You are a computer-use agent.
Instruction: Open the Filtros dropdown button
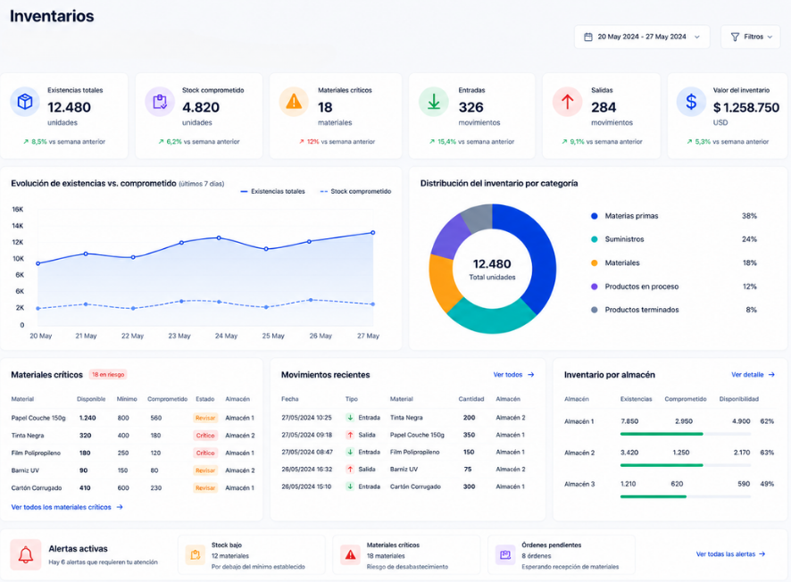pyautogui.click(x=751, y=37)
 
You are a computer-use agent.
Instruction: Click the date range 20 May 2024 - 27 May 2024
pyautogui.click(x=642, y=37)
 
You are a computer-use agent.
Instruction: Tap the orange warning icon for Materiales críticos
pyautogui.click(x=294, y=102)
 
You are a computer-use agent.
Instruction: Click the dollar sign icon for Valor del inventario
pyautogui.click(x=691, y=102)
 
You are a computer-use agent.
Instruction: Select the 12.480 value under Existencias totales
pyautogui.click(x=69, y=107)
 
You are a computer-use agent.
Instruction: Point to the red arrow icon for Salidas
pyautogui.click(x=568, y=102)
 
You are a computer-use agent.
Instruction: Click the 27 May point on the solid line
pyautogui.click(x=373, y=232)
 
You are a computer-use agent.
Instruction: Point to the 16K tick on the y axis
pyautogui.click(x=18, y=209)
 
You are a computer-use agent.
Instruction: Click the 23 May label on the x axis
pyautogui.click(x=179, y=336)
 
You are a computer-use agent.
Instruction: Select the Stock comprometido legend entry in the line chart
pyautogui.click(x=355, y=192)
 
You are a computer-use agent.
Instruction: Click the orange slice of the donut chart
pyautogui.click(x=443, y=282)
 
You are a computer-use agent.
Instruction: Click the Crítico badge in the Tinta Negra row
pyautogui.click(x=205, y=436)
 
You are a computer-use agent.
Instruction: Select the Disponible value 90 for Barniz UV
pyautogui.click(x=83, y=470)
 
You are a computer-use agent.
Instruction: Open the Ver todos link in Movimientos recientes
pyautogui.click(x=513, y=375)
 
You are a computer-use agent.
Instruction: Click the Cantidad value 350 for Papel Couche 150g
pyautogui.click(x=469, y=435)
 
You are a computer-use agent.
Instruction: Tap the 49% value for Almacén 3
pyautogui.click(x=767, y=484)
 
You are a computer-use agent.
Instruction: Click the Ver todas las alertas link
pyautogui.click(x=730, y=553)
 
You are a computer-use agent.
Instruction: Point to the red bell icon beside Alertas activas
pyautogui.click(x=26, y=554)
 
